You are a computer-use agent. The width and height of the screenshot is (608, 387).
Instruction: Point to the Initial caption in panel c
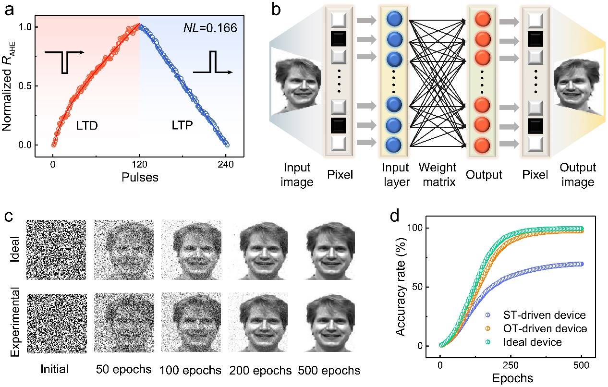(x=55, y=370)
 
